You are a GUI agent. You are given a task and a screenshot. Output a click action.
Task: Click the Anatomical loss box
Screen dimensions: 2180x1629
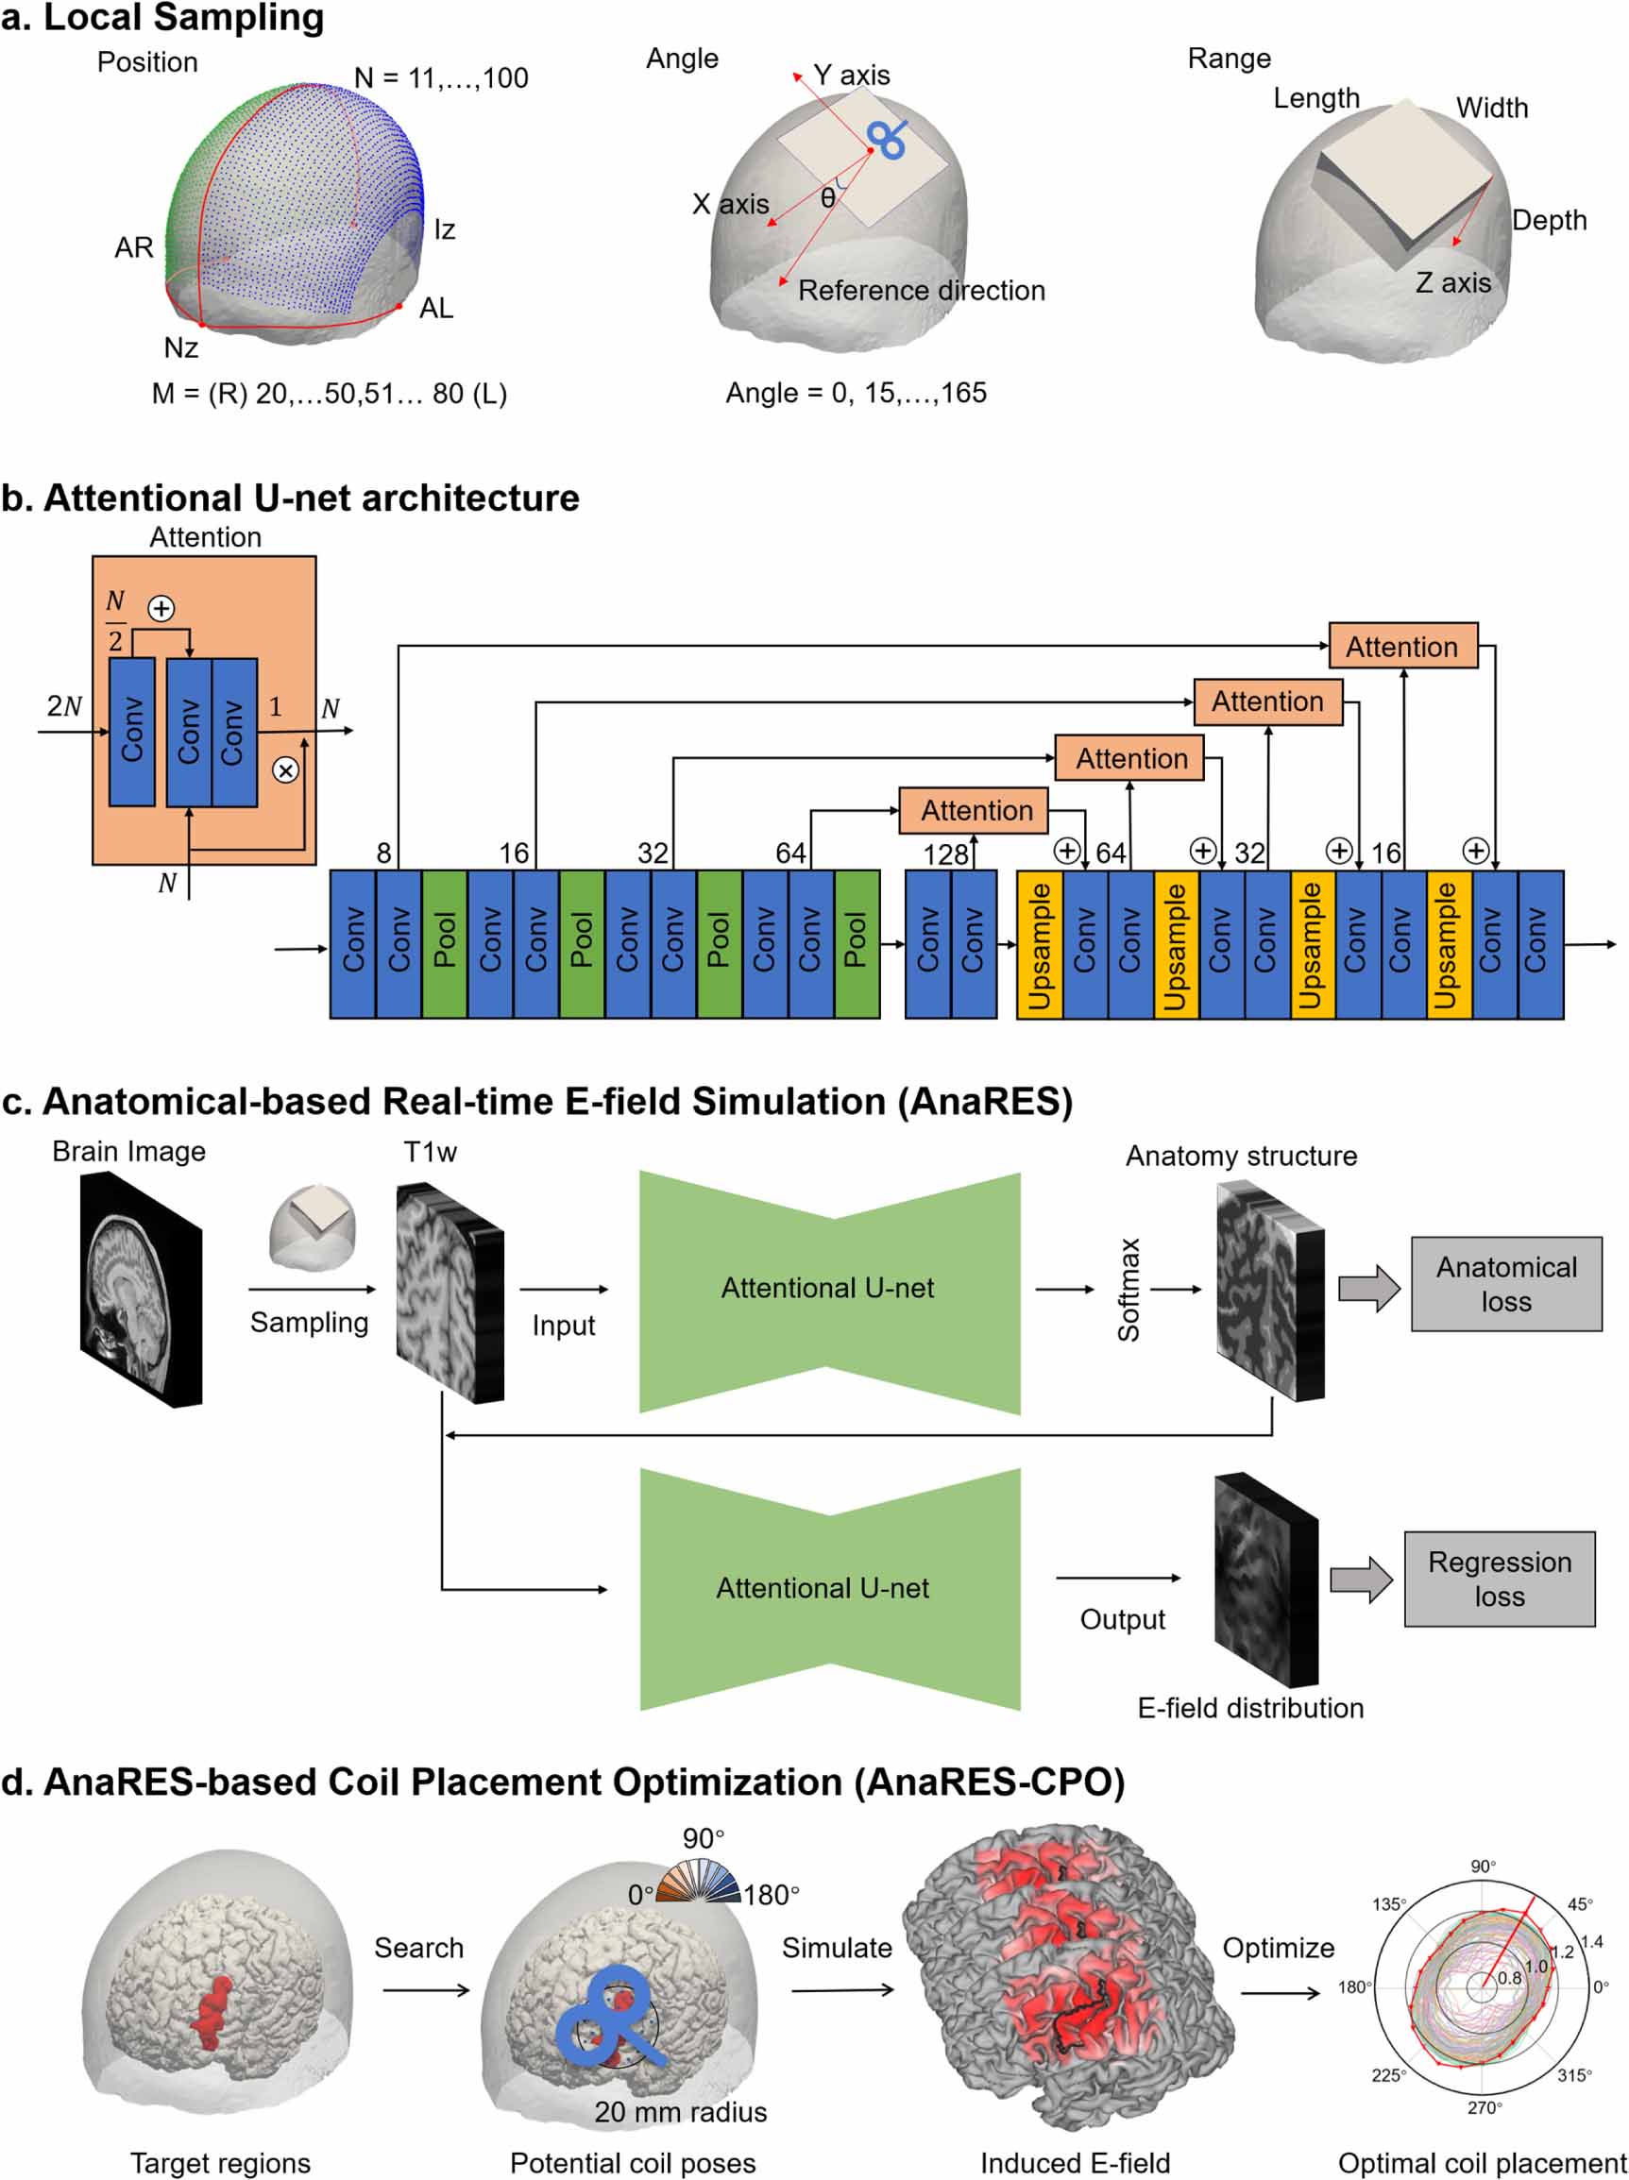click(x=1505, y=1283)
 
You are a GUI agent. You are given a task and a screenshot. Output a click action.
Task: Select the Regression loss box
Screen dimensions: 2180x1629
click(x=1498, y=1578)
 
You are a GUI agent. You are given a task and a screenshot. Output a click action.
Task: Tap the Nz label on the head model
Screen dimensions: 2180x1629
click(x=181, y=347)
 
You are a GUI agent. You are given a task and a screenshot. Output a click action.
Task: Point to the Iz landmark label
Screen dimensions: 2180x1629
click(x=445, y=229)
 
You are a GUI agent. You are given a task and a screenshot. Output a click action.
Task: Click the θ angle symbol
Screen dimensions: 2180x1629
click(x=828, y=198)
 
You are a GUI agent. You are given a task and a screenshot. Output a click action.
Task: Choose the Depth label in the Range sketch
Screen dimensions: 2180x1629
click(x=1548, y=220)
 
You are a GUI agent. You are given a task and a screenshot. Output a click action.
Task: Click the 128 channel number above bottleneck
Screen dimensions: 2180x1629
click(x=944, y=853)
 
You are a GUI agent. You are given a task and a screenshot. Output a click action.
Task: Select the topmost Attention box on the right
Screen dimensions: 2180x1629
click(x=1401, y=647)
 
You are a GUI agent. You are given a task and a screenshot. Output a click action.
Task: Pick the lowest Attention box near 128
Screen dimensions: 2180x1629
click(x=976, y=810)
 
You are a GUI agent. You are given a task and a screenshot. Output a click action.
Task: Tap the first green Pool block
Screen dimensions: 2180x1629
click(x=445, y=943)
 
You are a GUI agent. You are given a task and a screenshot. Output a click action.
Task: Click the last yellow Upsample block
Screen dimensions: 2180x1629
click(x=1448, y=943)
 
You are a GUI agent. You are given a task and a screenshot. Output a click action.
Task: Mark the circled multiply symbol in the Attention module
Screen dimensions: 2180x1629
click(x=285, y=769)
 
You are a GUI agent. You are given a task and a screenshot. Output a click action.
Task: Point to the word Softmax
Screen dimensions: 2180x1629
click(x=1128, y=1289)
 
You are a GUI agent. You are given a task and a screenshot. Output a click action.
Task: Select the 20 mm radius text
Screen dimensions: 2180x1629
click(x=680, y=2112)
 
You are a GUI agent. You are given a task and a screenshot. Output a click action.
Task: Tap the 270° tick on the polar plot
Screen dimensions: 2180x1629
click(x=1484, y=2107)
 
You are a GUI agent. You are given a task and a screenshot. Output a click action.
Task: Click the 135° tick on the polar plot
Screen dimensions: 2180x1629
click(x=1388, y=1904)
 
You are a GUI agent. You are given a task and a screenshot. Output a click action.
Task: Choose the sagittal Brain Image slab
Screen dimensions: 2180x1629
click(x=141, y=1288)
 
